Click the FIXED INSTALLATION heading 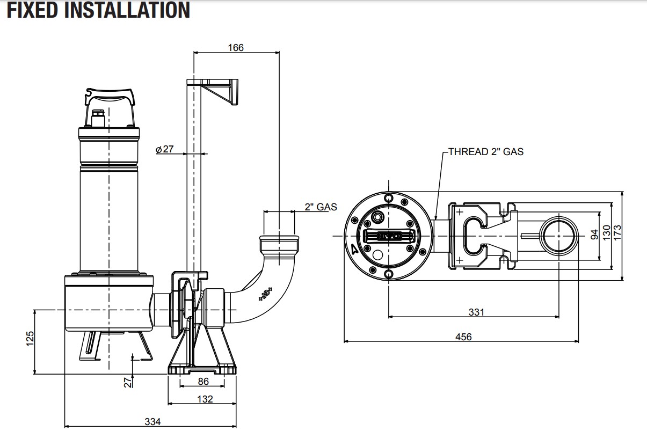point(98,10)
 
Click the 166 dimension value point(235,47)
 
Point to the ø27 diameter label point(165,149)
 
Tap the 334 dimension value point(152,421)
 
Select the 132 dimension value point(205,399)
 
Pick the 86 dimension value point(202,382)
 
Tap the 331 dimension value point(476,312)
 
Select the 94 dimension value point(594,235)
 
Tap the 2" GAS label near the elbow point(321,207)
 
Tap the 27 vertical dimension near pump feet point(127,382)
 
